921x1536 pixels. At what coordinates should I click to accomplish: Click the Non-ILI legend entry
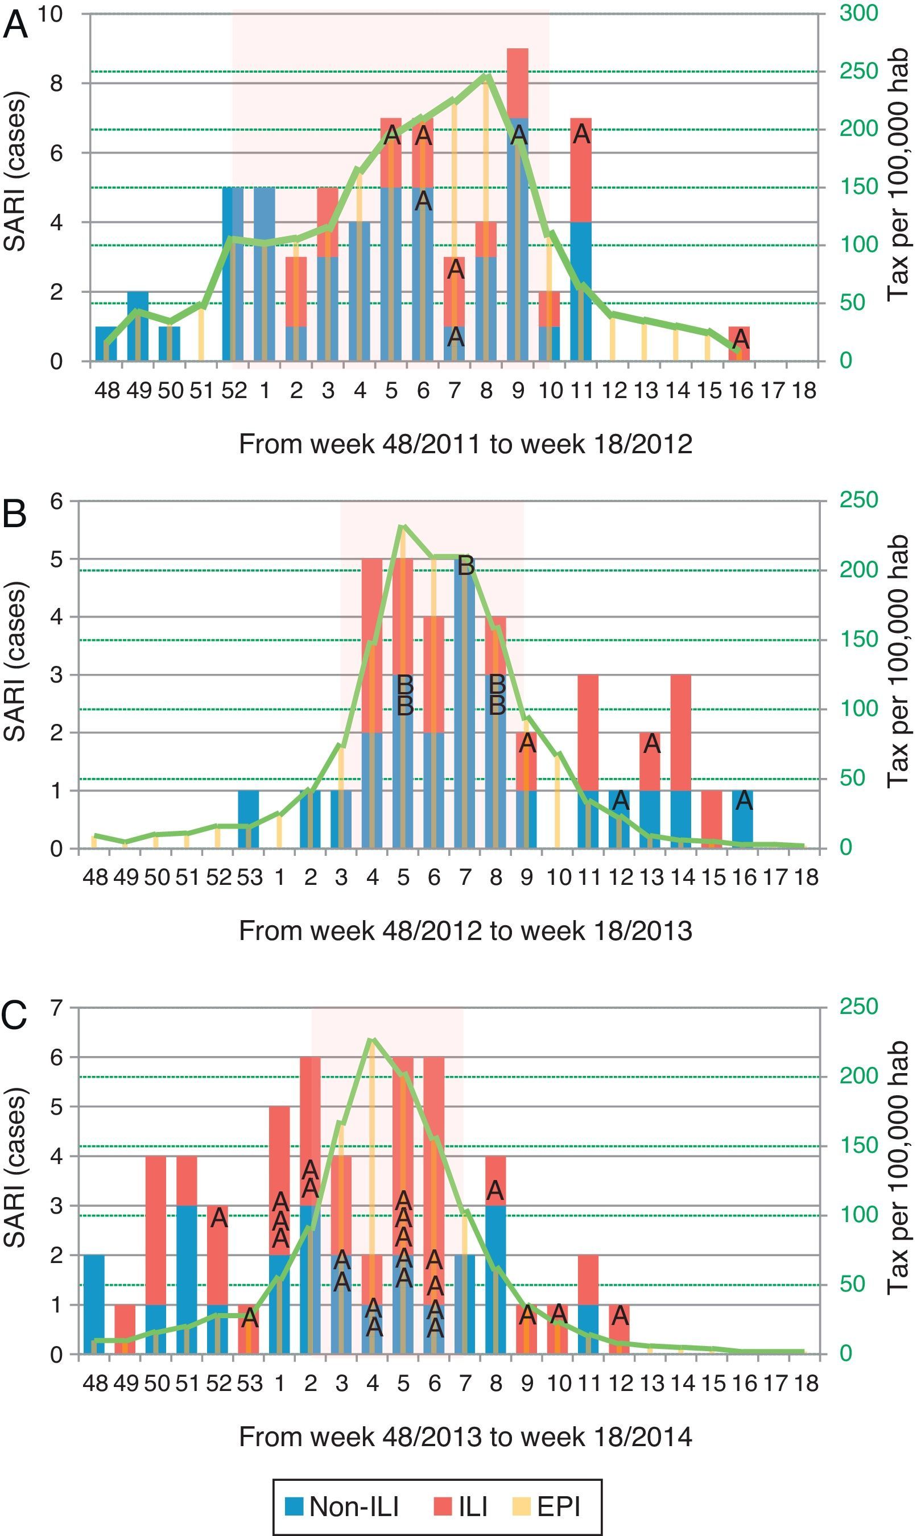point(342,1506)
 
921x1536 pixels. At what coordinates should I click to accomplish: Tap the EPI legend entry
point(546,1506)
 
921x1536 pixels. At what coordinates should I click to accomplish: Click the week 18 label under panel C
point(805,1383)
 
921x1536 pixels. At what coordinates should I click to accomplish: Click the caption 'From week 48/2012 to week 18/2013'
point(465,930)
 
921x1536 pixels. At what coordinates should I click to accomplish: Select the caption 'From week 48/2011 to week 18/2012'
point(465,444)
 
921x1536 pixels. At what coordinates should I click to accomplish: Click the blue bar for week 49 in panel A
point(138,326)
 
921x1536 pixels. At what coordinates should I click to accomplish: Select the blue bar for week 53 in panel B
point(248,819)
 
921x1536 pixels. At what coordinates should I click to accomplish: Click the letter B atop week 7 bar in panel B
point(465,565)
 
